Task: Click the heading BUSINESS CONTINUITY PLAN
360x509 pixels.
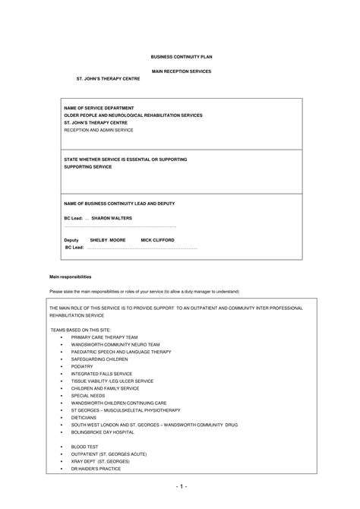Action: tap(179, 56)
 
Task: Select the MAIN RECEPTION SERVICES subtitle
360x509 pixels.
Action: tap(180, 71)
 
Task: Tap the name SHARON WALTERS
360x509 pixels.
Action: tap(112, 218)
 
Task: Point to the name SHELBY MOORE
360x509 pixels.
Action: tap(107, 239)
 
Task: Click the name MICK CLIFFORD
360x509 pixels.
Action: tap(157, 239)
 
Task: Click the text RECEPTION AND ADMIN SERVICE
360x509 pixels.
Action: tap(98, 130)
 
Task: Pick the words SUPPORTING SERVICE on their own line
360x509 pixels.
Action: tap(87, 166)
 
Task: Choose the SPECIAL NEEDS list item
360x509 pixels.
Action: tap(89, 395)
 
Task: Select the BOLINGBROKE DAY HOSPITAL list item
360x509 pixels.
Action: tap(103, 432)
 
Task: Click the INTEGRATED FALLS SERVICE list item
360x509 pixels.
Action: tap(102, 374)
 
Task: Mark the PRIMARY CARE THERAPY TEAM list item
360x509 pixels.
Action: tap(104, 337)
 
